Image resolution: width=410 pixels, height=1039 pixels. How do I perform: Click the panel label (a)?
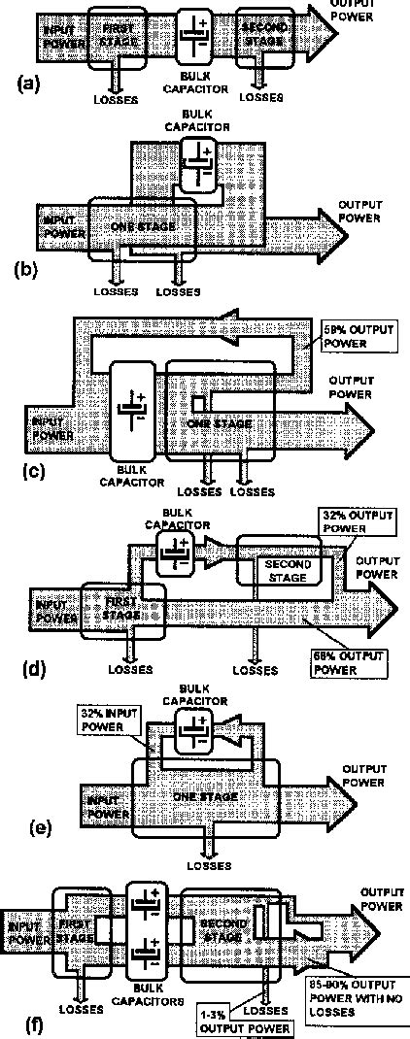[27, 84]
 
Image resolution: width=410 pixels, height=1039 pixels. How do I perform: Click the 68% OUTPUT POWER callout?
[347, 661]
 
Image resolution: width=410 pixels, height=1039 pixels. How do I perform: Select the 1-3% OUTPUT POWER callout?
[242, 1021]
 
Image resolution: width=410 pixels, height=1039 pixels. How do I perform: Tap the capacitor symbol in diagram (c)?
[131, 408]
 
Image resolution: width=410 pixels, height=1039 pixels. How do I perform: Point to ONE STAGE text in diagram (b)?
[143, 226]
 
